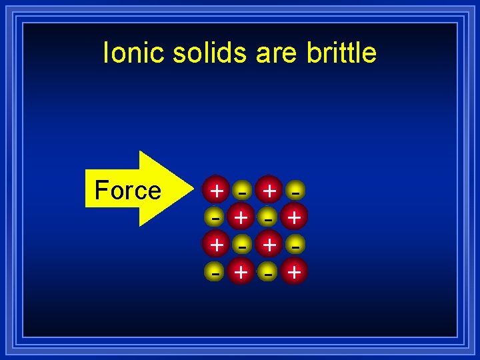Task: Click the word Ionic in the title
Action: (x=134, y=53)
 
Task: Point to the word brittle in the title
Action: (x=341, y=53)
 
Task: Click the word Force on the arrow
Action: (x=128, y=191)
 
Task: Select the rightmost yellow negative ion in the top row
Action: (x=295, y=191)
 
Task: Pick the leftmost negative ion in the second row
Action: (x=215, y=217)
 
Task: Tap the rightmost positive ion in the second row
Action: (x=295, y=217)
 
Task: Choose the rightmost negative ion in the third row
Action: (x=295, y=245)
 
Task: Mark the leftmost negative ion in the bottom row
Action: (x=215, y=271)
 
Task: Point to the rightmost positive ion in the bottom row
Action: (x=295, y=271)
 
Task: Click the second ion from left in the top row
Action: (x=242, y=191)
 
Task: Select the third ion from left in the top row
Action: (x=269, y=190)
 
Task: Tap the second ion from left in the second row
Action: (x=241, y=217)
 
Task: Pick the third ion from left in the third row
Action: (x=269, y=244)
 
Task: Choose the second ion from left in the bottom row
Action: (x=241, y=271)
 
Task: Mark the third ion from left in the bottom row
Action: (x=269, y=271)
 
